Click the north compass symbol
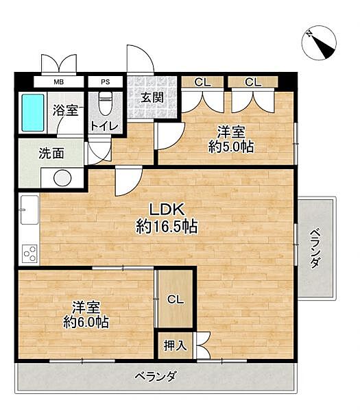319,42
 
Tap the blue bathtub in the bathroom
32,113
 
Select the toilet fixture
104,105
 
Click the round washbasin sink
62,177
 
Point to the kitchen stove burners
29,253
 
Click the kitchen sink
29,209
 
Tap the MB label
59,82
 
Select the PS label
105,82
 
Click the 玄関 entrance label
152,97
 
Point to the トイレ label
105,126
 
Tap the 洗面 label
51,153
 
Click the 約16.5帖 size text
167,227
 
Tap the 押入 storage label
176,345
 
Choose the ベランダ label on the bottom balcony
156,375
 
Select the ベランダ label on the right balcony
315,247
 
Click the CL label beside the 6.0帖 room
176,299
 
